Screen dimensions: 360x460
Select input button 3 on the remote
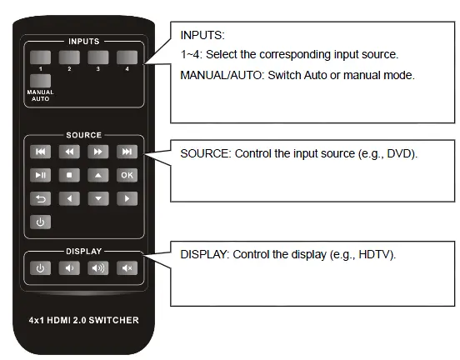click(x=98, y=57)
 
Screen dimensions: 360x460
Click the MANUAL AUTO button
click(x=40, y=82)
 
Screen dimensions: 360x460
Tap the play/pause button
click(x=40, y=175)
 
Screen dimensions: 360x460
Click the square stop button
click(x=69, y=175)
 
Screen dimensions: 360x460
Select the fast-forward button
click(x=98, y=152)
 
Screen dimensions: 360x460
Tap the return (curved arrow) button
click(x=40, y=198)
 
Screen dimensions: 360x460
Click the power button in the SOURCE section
click(x=40, y=222)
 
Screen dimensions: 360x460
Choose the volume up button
click(x=98, y=267)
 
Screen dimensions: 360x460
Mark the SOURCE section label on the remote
click(x=83, y=135)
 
